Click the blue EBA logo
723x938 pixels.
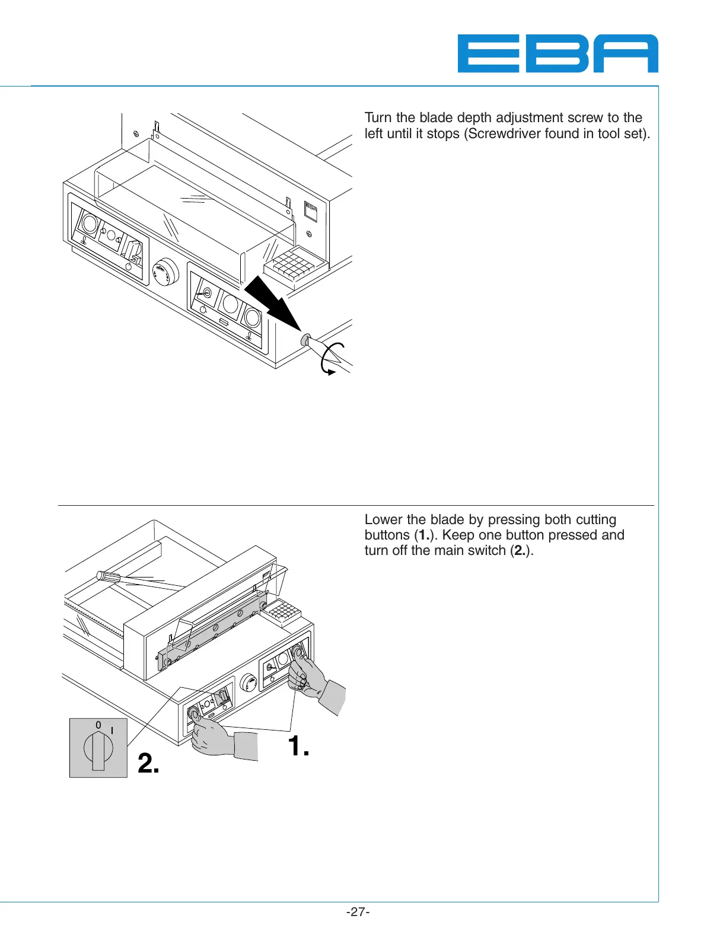(558, 53)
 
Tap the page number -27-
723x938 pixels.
(358, 912)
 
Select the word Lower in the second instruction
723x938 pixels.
(384, 520)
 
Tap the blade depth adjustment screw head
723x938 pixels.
(305, 340)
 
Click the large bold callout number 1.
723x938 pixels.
(298, 746)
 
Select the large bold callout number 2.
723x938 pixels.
(148, 764)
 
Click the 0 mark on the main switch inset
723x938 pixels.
(98, 725)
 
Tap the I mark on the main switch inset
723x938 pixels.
(112, 730)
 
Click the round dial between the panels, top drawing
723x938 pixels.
(165, 272)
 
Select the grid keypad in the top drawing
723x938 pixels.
(295, 264)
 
